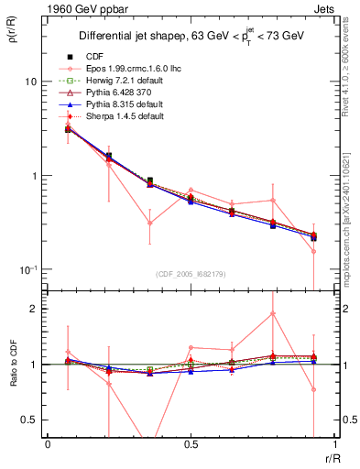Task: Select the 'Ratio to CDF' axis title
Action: point(12,378)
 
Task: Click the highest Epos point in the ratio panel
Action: point(273,313)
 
